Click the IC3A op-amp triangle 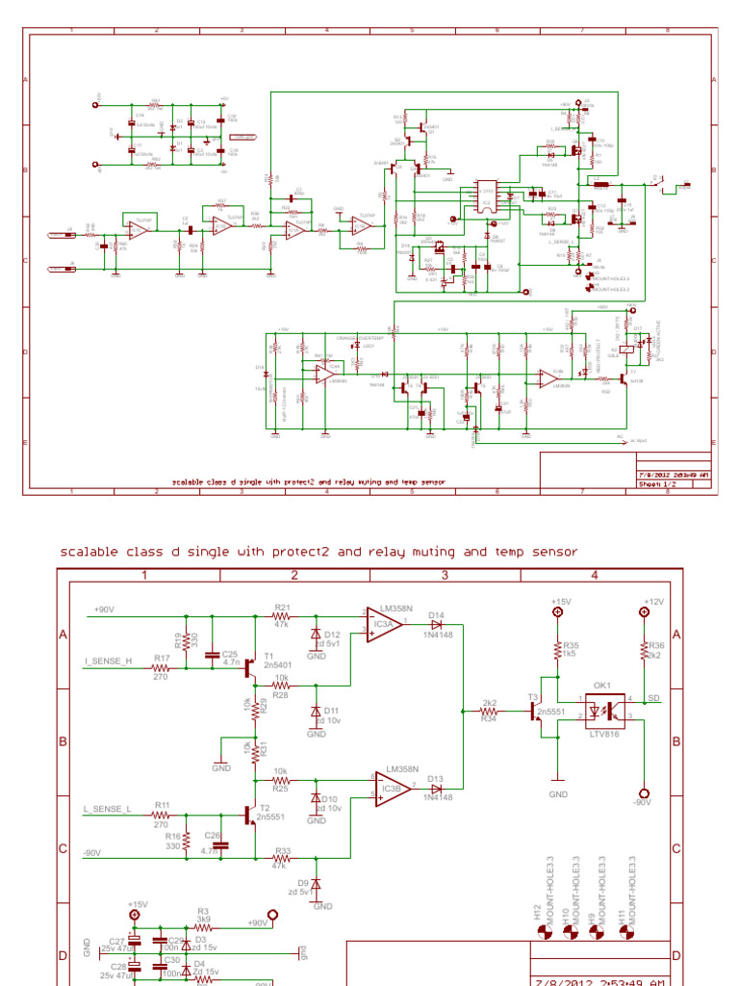click(x=382, y=624)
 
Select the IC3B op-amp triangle click(x=394, y=788)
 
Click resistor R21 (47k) click(x=282, y=614)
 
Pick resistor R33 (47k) click(x=283, y=858)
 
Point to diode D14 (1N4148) click(x=436, y=624)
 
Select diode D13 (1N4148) click(x=436, y=788)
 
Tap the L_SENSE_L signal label click(x=107, y=810)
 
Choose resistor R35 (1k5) click(x=556, y=649)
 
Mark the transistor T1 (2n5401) click(x=251, y=665)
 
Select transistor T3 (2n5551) click(x=534, y=712)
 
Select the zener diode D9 click(x=317, y=884)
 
